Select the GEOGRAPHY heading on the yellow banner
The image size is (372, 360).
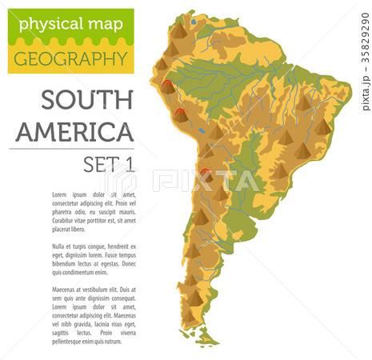coord(70,58)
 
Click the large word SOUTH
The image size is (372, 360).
coord(86,101)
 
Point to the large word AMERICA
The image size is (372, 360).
coord(75,131)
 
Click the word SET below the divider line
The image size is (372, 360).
coord(99,165)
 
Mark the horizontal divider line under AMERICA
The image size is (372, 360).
coord(72,149)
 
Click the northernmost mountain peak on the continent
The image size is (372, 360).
coord(180,32)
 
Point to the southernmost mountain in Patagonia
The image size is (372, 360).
coord(194,297)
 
